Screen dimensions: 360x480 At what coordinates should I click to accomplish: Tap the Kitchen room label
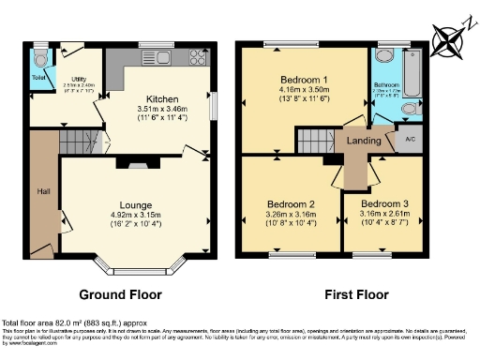pos(156,97)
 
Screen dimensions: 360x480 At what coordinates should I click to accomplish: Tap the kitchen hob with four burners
pos(199,56)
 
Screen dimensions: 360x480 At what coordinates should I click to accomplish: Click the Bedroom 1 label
pos(302,80)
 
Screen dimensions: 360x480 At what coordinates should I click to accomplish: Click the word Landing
pos(363,142)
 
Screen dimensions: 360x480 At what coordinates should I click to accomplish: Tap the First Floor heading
pos(356,294)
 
